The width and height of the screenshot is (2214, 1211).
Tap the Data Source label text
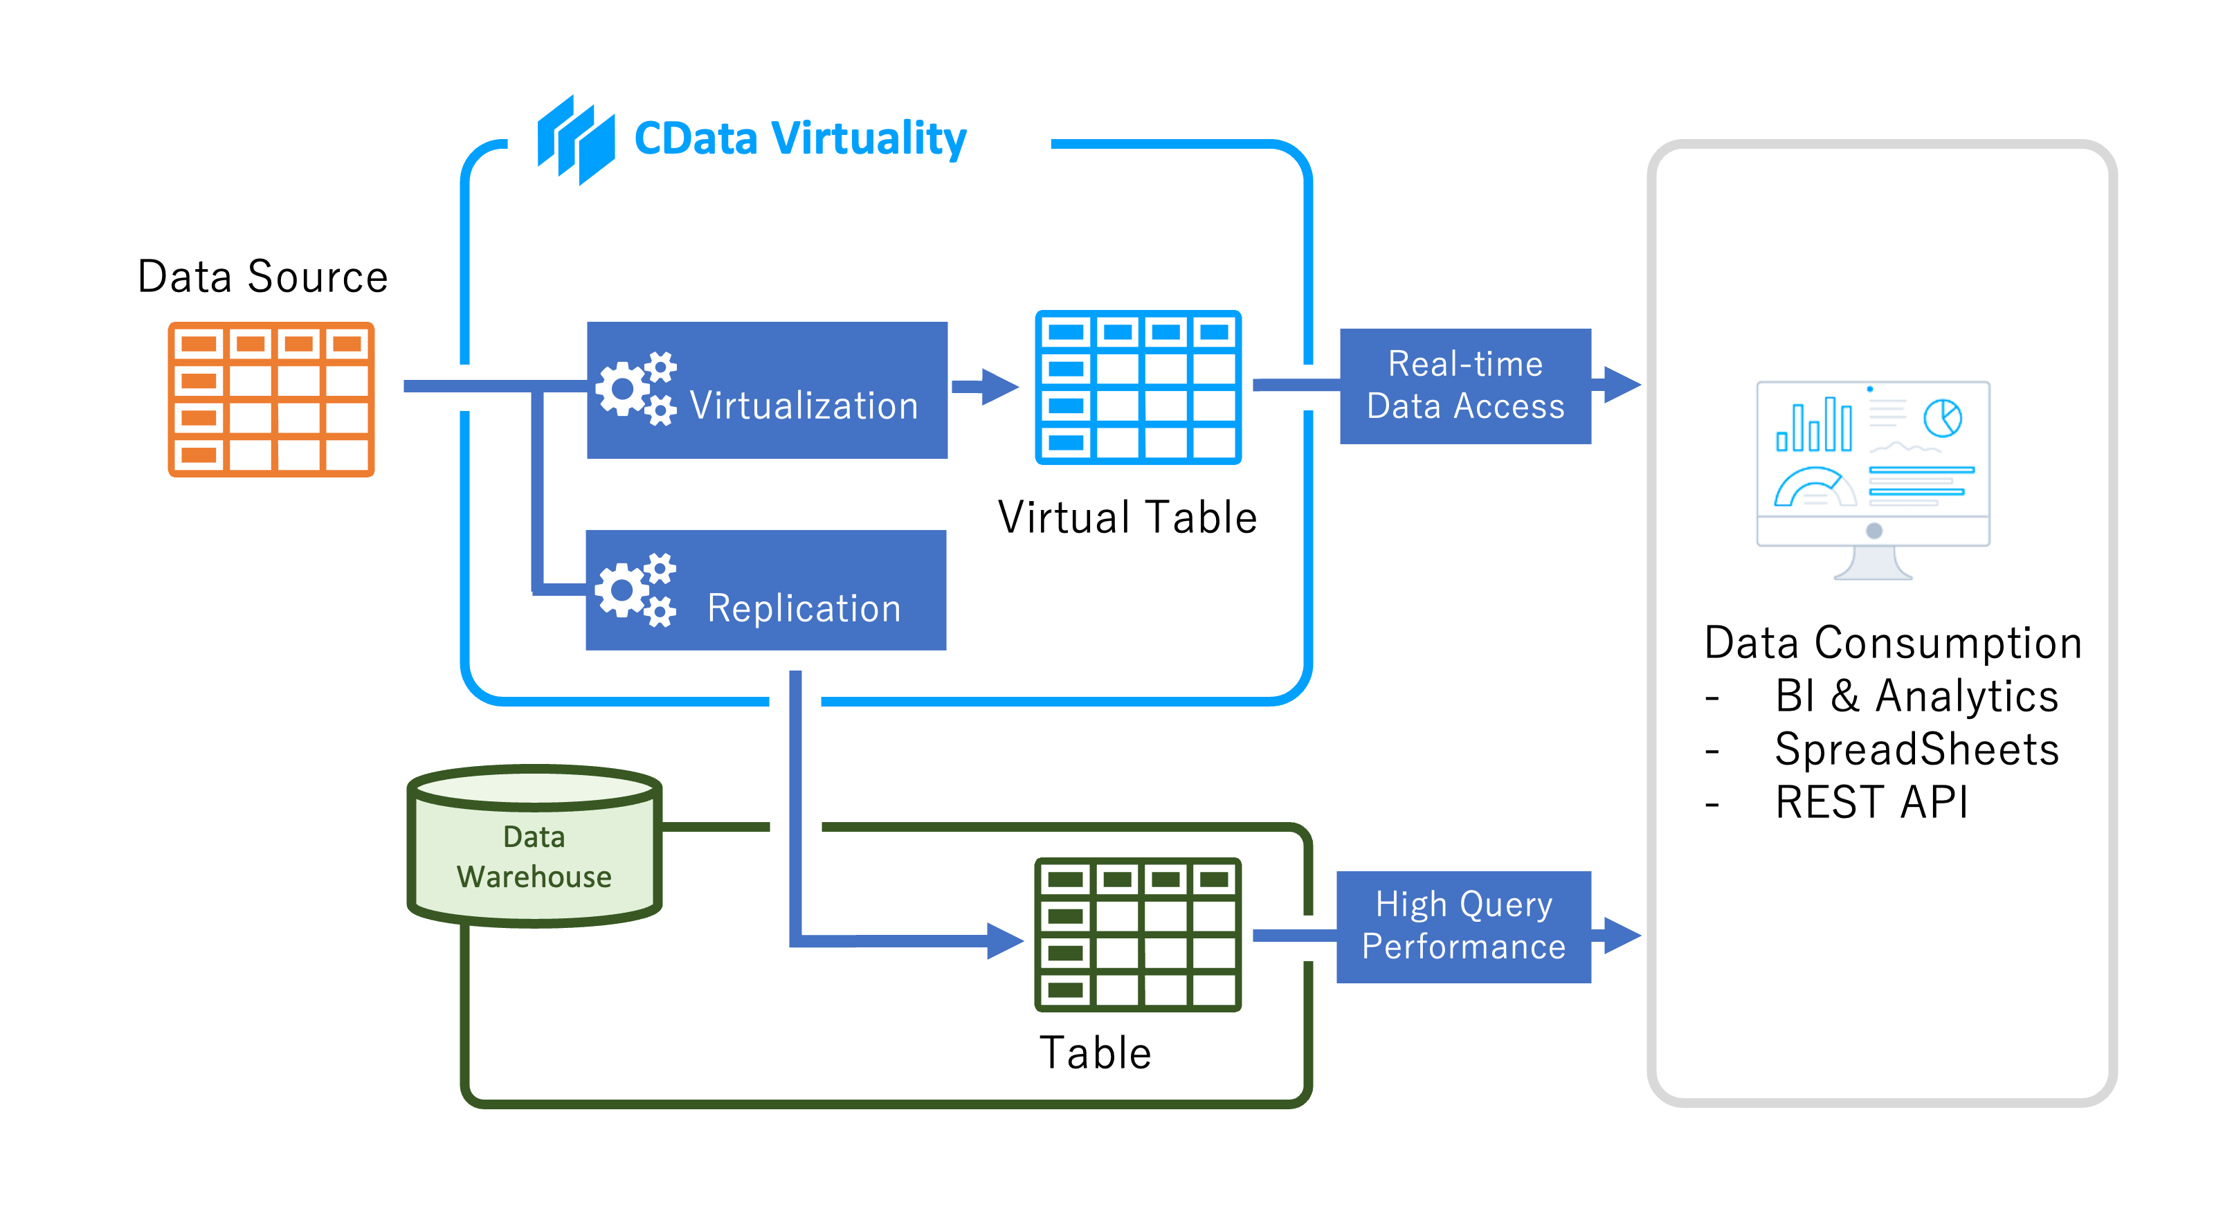pyautogui.click(x=262, y=277)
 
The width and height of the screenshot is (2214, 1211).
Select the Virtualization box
pyautogui.click(x=767, y=390)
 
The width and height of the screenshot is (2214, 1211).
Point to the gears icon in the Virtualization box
pyautogui.click(x=637, y=388)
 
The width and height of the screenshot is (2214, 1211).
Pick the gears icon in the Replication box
pyautogui.click(x=636, y=590)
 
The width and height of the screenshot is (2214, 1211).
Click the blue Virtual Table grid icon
pyautogui.click(x=1138, y=388)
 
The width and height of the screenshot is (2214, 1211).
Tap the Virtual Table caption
pyautogui.click(x=1127, y=518)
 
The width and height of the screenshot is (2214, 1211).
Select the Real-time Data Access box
pyautogui.click(x=1464, y=386)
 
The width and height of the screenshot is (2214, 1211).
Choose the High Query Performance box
pyautogui.click(x=1463, y=927)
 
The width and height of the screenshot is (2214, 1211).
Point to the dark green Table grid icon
pyautogui.click(x=1138, y=934)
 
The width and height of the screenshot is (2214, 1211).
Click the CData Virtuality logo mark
pyautogui.click(x=576, y=139)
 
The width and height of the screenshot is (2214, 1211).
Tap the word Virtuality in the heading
pyautogui.click(x=868, y=139)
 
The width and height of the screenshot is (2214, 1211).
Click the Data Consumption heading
pyautogui.click(x=1893, y=643)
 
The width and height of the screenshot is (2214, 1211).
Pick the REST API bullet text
pyautogui.click(x=1871, y=803)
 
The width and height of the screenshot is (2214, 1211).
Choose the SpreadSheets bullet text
pyautogui.click(x=1916, y=749)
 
